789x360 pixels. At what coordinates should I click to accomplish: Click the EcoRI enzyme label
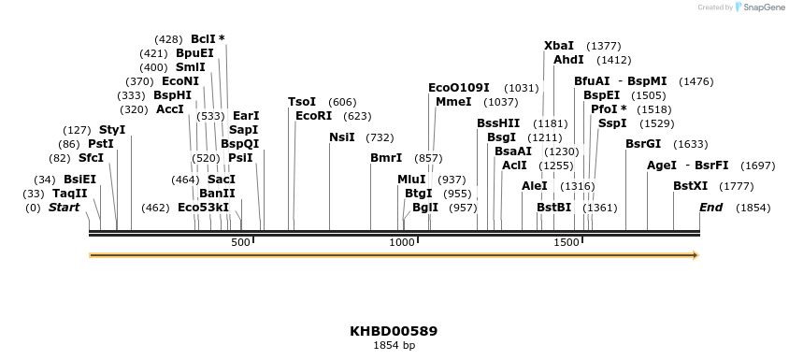[x=313, y=116]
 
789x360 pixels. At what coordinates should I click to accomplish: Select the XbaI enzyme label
[x=559, y=46]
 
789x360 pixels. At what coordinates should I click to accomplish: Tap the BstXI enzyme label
[x=690, y=186]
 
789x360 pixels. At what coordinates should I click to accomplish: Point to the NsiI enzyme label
[x=341, y=137]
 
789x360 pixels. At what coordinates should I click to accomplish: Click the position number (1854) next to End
[x=753, y=208]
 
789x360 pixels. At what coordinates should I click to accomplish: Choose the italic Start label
[x=64, y=208]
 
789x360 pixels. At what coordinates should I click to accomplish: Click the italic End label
[x=710, y=208]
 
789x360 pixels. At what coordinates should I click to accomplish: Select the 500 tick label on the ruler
[x=241, y=243]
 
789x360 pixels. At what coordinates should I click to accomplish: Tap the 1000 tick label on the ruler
[x=402, y=243]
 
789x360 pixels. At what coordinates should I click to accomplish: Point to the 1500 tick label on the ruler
[x=567, y=243]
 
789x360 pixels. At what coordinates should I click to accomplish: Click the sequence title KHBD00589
[x=394, y=331]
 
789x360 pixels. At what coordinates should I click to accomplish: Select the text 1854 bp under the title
[x=394, y=345]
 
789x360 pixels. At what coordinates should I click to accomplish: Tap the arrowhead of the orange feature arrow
[x=694, y=254]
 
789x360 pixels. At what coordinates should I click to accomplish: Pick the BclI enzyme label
[x=203, y=39]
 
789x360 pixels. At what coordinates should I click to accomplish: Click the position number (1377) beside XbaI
[x=603, y=46]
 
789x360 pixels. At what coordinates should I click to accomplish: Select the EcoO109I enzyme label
[x=458, y=88]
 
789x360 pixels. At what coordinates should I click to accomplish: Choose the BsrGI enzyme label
[x=643, y=144]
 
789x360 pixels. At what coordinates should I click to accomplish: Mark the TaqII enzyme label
[x=69, y=194]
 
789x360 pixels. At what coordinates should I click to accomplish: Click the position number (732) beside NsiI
[x=380, y=137]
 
